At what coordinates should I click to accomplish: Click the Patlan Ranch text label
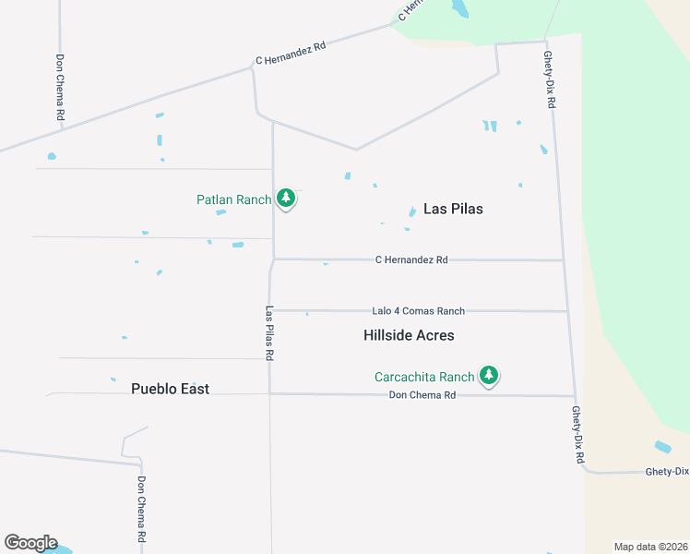233,199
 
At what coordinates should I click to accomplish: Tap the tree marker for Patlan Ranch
286,198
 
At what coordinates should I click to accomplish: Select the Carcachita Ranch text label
423,377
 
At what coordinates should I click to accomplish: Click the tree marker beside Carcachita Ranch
489,375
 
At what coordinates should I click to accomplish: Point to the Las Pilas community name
453,209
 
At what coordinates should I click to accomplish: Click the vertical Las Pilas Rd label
269,332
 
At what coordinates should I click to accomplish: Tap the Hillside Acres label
409,335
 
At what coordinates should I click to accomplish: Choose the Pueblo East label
170,389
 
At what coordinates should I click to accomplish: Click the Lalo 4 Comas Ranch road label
418,311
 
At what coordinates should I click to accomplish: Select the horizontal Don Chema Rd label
422,395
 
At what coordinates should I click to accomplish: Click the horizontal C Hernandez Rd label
411,260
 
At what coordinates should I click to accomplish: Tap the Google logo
30,543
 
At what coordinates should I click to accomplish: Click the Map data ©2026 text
649,547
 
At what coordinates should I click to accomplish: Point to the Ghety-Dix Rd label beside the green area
549,80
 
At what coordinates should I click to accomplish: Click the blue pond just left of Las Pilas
411,212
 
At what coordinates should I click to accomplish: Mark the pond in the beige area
662,447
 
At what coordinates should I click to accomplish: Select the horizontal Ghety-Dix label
667,472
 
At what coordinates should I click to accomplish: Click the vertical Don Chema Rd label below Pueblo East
141,510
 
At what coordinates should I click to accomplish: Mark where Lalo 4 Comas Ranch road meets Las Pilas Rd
273,310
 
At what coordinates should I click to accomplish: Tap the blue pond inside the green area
458,9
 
